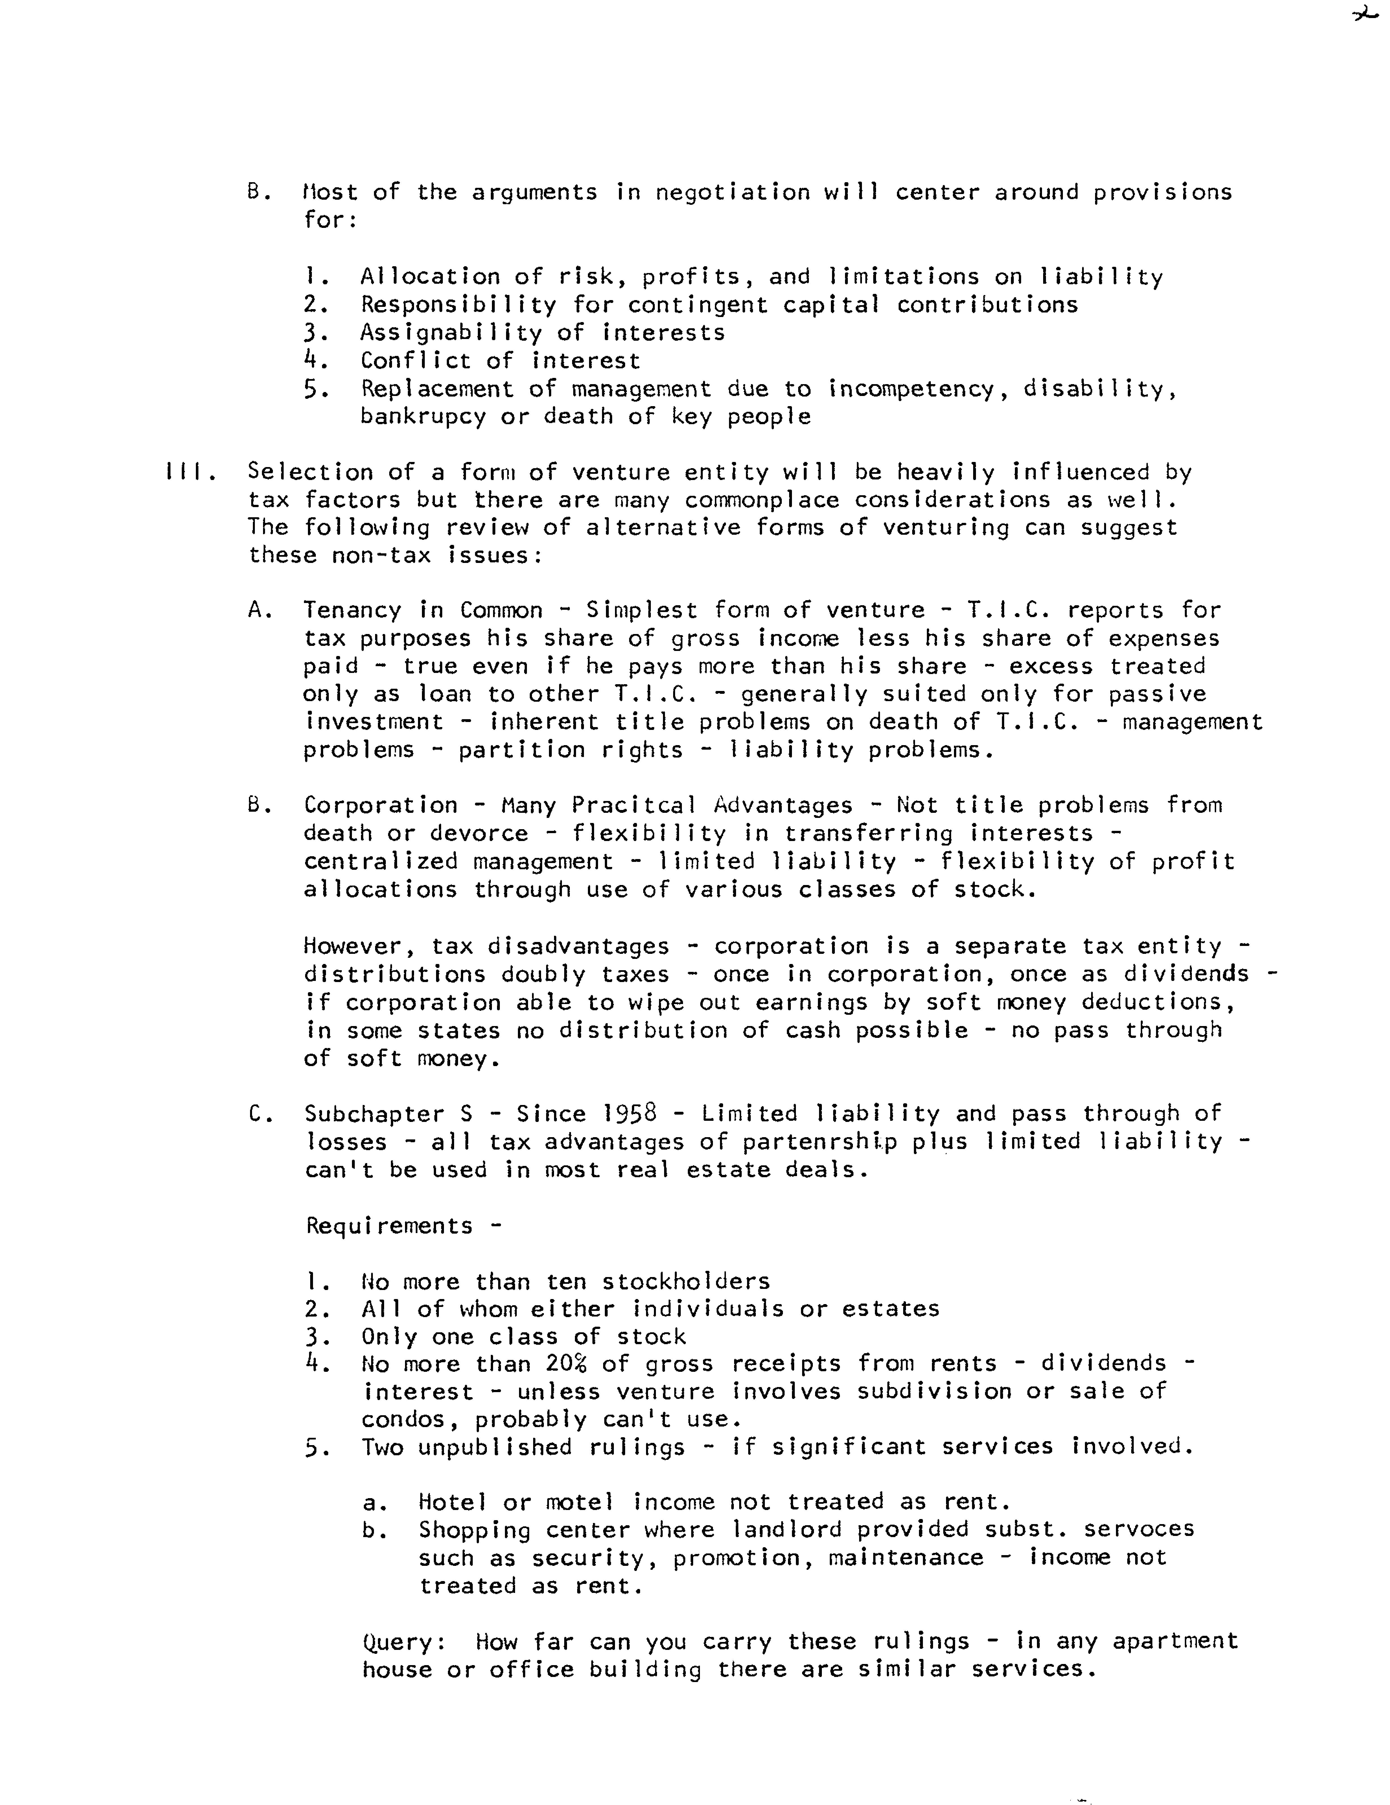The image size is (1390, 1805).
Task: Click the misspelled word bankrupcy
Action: [x=422, y=417]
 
